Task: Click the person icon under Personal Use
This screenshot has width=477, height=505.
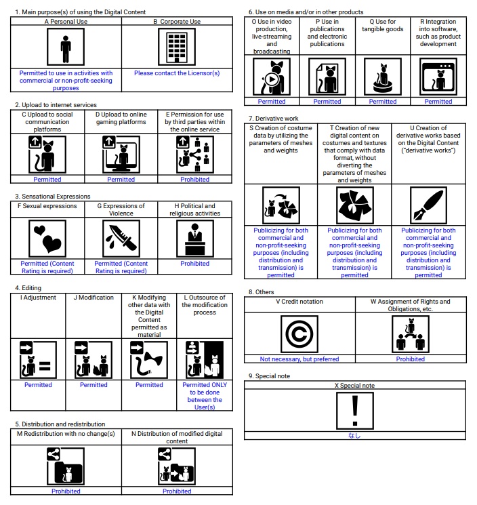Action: pyautogui.click(x=66, y=48)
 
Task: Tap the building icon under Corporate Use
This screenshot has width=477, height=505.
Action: pyautogui.click(x=176, y=48)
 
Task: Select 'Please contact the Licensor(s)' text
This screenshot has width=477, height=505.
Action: pyautogui.click(x=176, y=73)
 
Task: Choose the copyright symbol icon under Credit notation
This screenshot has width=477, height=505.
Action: pyautogui.click(x=299, y=335)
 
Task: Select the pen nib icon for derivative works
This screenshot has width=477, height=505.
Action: pyautogui.click(x=428, y=206)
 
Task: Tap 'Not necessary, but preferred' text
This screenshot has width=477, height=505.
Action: pyautogui.click(x=299, y=359)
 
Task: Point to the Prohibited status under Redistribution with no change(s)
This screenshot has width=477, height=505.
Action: pyautogui.click(x=66, y=491)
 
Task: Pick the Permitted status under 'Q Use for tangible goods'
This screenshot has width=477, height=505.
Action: pyautogui.click(x=383, y=102)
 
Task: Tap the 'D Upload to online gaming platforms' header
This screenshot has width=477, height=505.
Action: pyautogui.click(x=122, y=118)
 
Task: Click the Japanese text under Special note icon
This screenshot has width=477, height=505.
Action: pyautogui.click(x=354, y=437)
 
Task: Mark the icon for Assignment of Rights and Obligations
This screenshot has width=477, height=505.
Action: pyautogui.click(x=410, y=335)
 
